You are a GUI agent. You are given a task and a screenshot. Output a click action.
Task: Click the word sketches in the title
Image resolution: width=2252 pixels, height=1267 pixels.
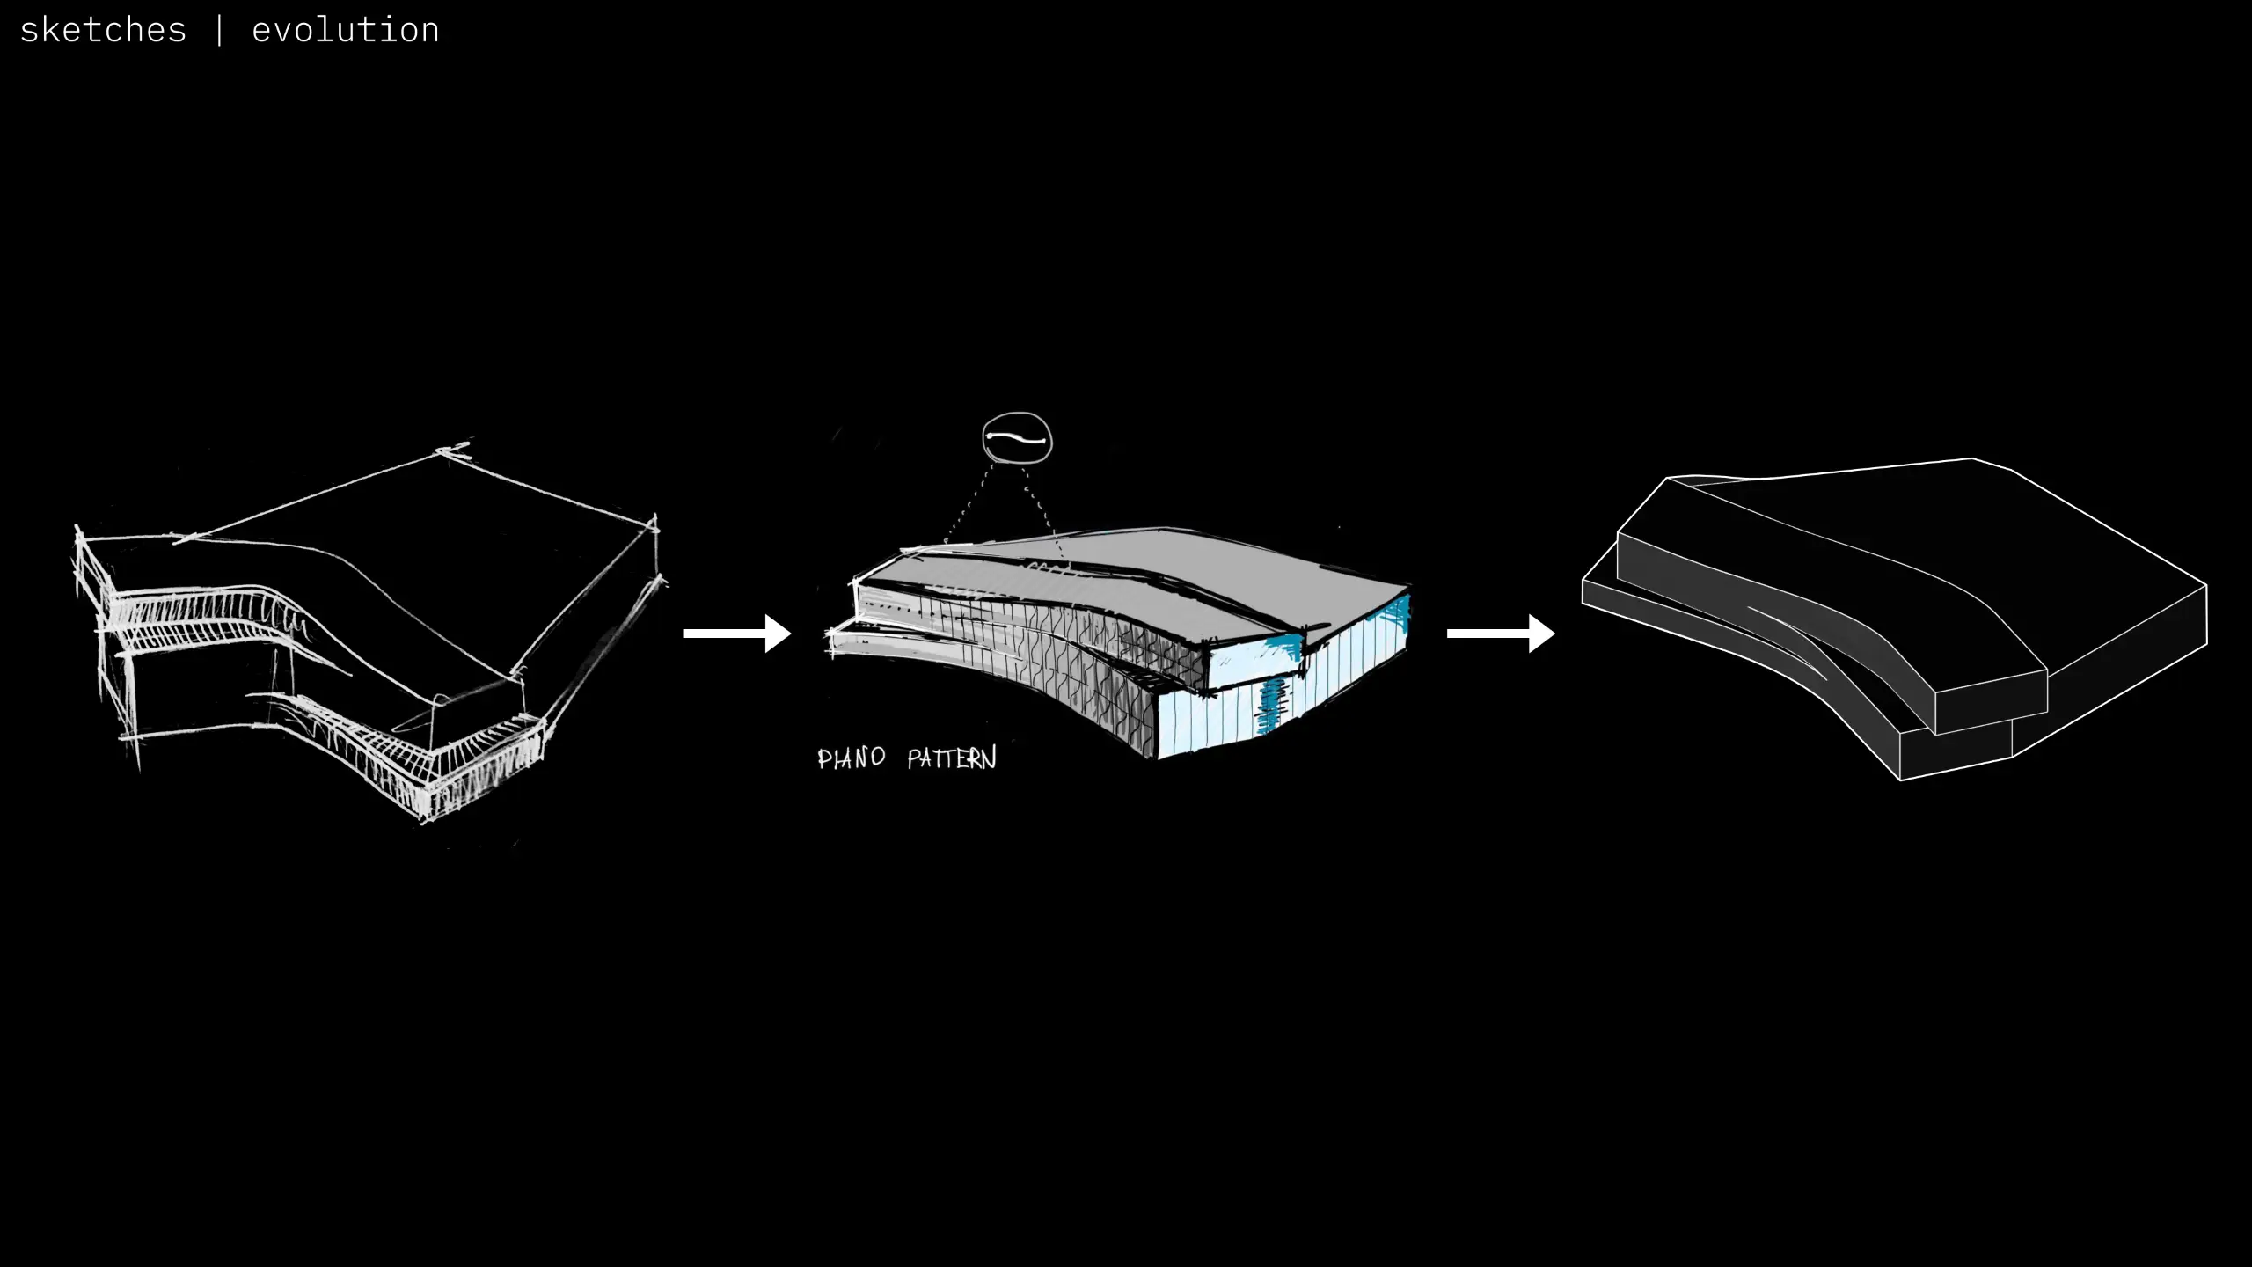coord(103,31)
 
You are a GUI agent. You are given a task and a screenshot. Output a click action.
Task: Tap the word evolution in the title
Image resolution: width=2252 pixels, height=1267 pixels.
coord(345,31)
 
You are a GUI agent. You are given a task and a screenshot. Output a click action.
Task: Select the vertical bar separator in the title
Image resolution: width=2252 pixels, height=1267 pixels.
coord(219,31)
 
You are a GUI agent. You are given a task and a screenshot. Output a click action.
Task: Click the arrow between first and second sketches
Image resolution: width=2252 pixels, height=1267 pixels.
coord(736,633)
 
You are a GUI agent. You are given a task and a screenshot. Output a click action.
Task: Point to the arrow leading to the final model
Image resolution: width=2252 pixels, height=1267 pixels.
coord(1501,633)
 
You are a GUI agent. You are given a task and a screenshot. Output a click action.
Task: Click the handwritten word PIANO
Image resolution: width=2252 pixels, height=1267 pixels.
coord(851,758)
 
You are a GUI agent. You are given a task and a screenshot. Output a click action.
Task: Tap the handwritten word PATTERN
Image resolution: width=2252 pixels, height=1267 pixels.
coord(952,758)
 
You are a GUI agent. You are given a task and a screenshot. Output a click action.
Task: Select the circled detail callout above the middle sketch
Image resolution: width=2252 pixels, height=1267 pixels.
coord(1017,438)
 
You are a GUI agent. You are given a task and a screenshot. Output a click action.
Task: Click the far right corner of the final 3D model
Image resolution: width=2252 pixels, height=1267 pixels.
coord(2206,586)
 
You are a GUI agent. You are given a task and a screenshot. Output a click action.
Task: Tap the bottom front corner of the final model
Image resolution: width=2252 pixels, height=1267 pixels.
coord(1901,780)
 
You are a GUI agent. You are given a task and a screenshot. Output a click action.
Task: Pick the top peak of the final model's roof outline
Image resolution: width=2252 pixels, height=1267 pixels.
coord(1971,458)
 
